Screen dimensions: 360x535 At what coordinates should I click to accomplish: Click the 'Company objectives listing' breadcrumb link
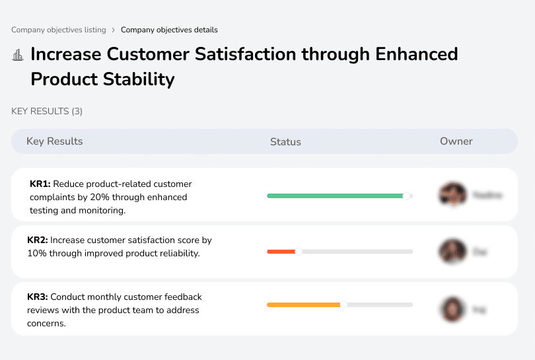coord(58,30)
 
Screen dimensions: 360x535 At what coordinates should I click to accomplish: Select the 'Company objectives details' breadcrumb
coord(169,30)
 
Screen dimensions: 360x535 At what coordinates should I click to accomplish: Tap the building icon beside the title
coord(18,55)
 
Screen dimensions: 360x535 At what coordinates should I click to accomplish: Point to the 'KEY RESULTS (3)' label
coord(47,111)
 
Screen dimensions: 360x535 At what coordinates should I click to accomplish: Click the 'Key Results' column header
coord(55,141)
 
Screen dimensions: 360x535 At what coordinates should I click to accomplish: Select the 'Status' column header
coord(285,142)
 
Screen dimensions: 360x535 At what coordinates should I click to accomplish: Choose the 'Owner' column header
coord(456,141)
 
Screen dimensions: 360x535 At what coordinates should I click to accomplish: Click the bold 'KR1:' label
coord(40,184)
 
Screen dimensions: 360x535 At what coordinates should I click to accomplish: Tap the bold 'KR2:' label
coord(38,240)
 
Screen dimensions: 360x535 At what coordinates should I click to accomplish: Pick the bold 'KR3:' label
coord(38,297)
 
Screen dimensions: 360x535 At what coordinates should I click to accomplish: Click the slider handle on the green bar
coord(407,196)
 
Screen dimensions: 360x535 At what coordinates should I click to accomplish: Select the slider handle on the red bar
coord(299,252)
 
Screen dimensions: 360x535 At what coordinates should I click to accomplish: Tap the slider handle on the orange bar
coord(343,305)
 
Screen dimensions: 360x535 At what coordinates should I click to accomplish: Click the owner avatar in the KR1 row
coord(451,195)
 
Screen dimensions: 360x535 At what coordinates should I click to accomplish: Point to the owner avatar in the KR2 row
coord(452,252)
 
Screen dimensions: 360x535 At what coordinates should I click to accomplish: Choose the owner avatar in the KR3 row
coord(452,308)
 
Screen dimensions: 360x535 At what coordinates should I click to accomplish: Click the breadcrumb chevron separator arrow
coord(113,30)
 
